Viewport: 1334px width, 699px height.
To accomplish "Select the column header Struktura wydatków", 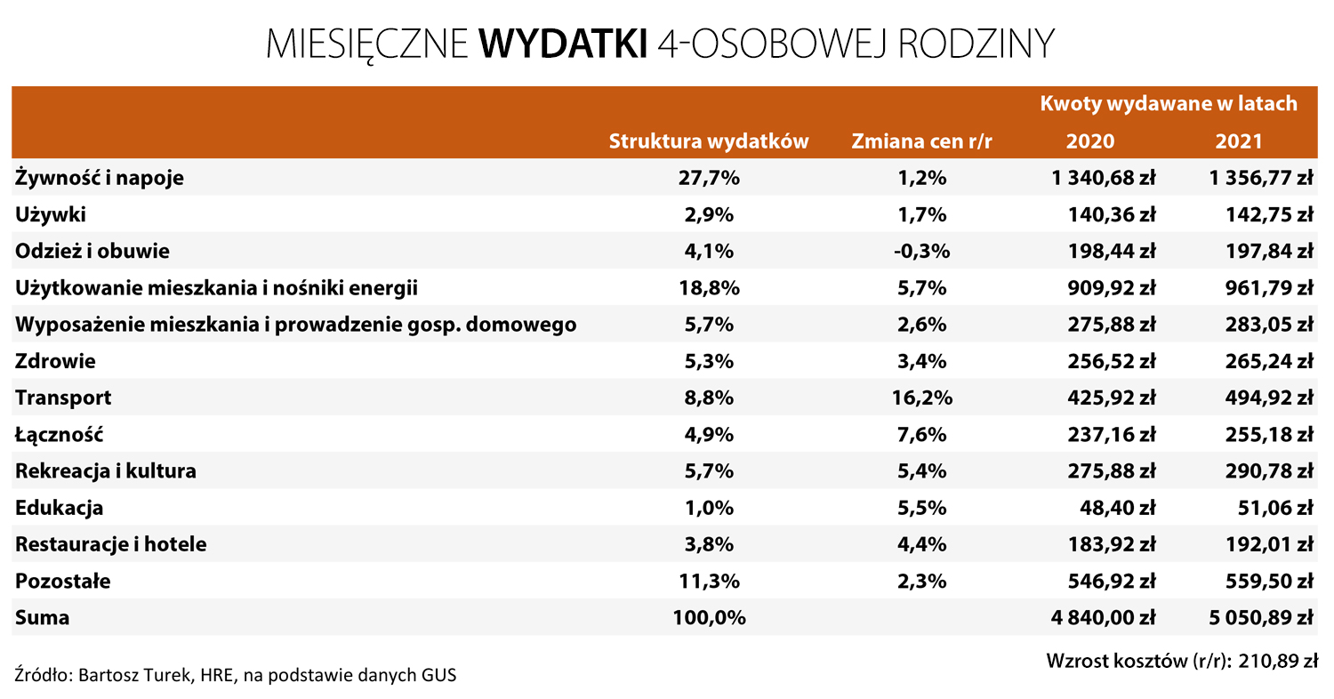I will pyautogui.click(x=708, y=141).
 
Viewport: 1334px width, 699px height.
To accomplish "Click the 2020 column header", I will pyautogui.click(x=1089, y=141).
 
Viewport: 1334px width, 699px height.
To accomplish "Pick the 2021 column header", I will pyautogui.click(x=1238, y=141).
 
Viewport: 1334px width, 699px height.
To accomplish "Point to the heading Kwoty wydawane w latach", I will pyautogui.click(x=1169, y=103).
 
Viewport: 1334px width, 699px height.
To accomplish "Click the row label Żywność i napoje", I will pyautogui.click(x=100, y=178).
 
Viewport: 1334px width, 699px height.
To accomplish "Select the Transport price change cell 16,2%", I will pyautogui.click(x=921, y=398).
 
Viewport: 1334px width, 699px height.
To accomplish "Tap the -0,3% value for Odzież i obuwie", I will pyautogui.click(x=921, y=252).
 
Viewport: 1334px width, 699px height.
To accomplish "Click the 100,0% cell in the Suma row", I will pyautogui.click(x=709, y=617).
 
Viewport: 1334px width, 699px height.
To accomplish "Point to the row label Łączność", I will pyautogui.click(x=60, y=435).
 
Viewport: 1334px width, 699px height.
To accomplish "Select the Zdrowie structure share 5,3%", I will pyautogui.click(x=709, y=361).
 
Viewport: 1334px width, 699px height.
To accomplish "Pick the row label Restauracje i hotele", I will pyautogui.click(x=111, y=544).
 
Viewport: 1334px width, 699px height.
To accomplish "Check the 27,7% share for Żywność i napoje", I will pyautogui.click(x=709, y=178).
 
